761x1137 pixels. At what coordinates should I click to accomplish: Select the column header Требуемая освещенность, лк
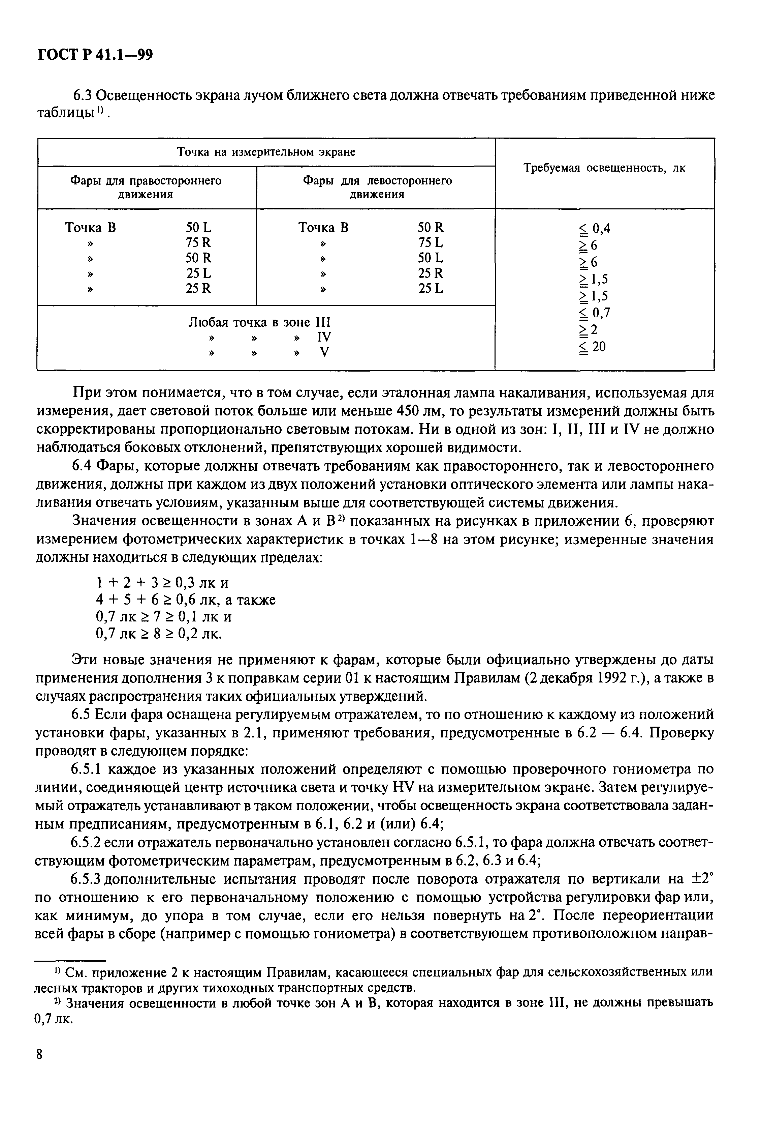coord(605,169)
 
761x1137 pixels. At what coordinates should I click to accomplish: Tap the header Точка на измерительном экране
coord(265,152)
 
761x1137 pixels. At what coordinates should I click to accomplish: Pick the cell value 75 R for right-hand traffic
coord(198,242)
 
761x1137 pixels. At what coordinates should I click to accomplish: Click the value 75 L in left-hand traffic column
coord(431,242)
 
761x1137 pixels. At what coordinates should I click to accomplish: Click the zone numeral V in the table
coord(324,352)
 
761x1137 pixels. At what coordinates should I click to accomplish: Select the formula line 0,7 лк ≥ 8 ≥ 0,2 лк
coord(158,633)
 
